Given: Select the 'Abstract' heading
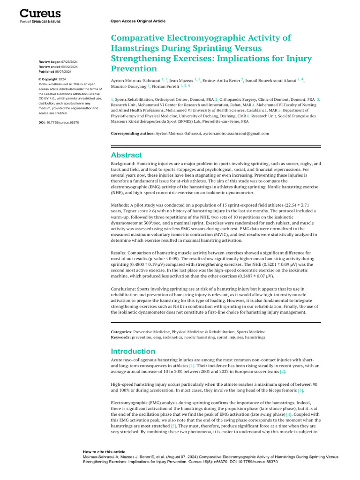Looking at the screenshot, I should point(126,155).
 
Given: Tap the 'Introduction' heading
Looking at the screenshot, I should point(133,351).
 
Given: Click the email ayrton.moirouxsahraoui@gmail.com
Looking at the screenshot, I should point(236,133).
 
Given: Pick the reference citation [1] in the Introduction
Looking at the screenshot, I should point(192,365).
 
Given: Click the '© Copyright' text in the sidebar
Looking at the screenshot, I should point(48,80).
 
